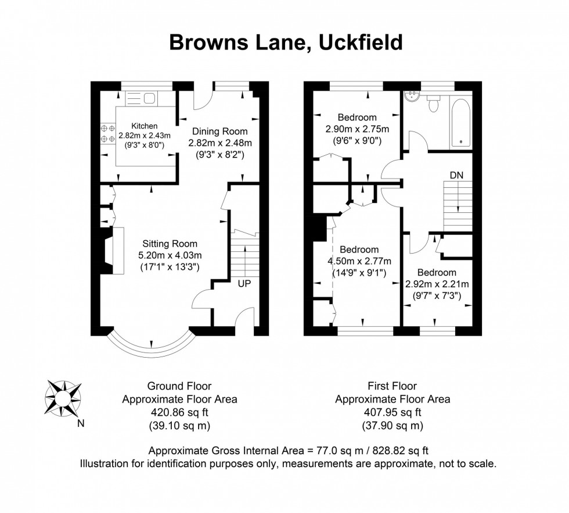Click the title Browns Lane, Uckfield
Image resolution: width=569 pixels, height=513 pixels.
[x=285, y=42]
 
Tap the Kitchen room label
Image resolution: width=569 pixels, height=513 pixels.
[x=144, y=126]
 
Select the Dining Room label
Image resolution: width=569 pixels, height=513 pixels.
[x=219, y=131]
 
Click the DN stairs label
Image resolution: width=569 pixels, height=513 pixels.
[x=456, y=175]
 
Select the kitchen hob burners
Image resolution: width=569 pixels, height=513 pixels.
[x=107, y=133]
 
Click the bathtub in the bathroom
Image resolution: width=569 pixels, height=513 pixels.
[x=460, y=122]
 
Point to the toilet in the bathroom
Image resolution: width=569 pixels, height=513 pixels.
[x=433, y=104]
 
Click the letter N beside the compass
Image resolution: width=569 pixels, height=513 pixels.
[x=80, y=423]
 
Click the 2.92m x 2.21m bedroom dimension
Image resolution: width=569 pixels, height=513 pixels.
[x=437, y=284]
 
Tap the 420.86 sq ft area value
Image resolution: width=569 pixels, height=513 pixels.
[x=179, y=412]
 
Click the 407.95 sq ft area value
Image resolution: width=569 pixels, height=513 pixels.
[x=392, y=412]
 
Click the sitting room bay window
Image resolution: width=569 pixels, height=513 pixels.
[x=150, y=345]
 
